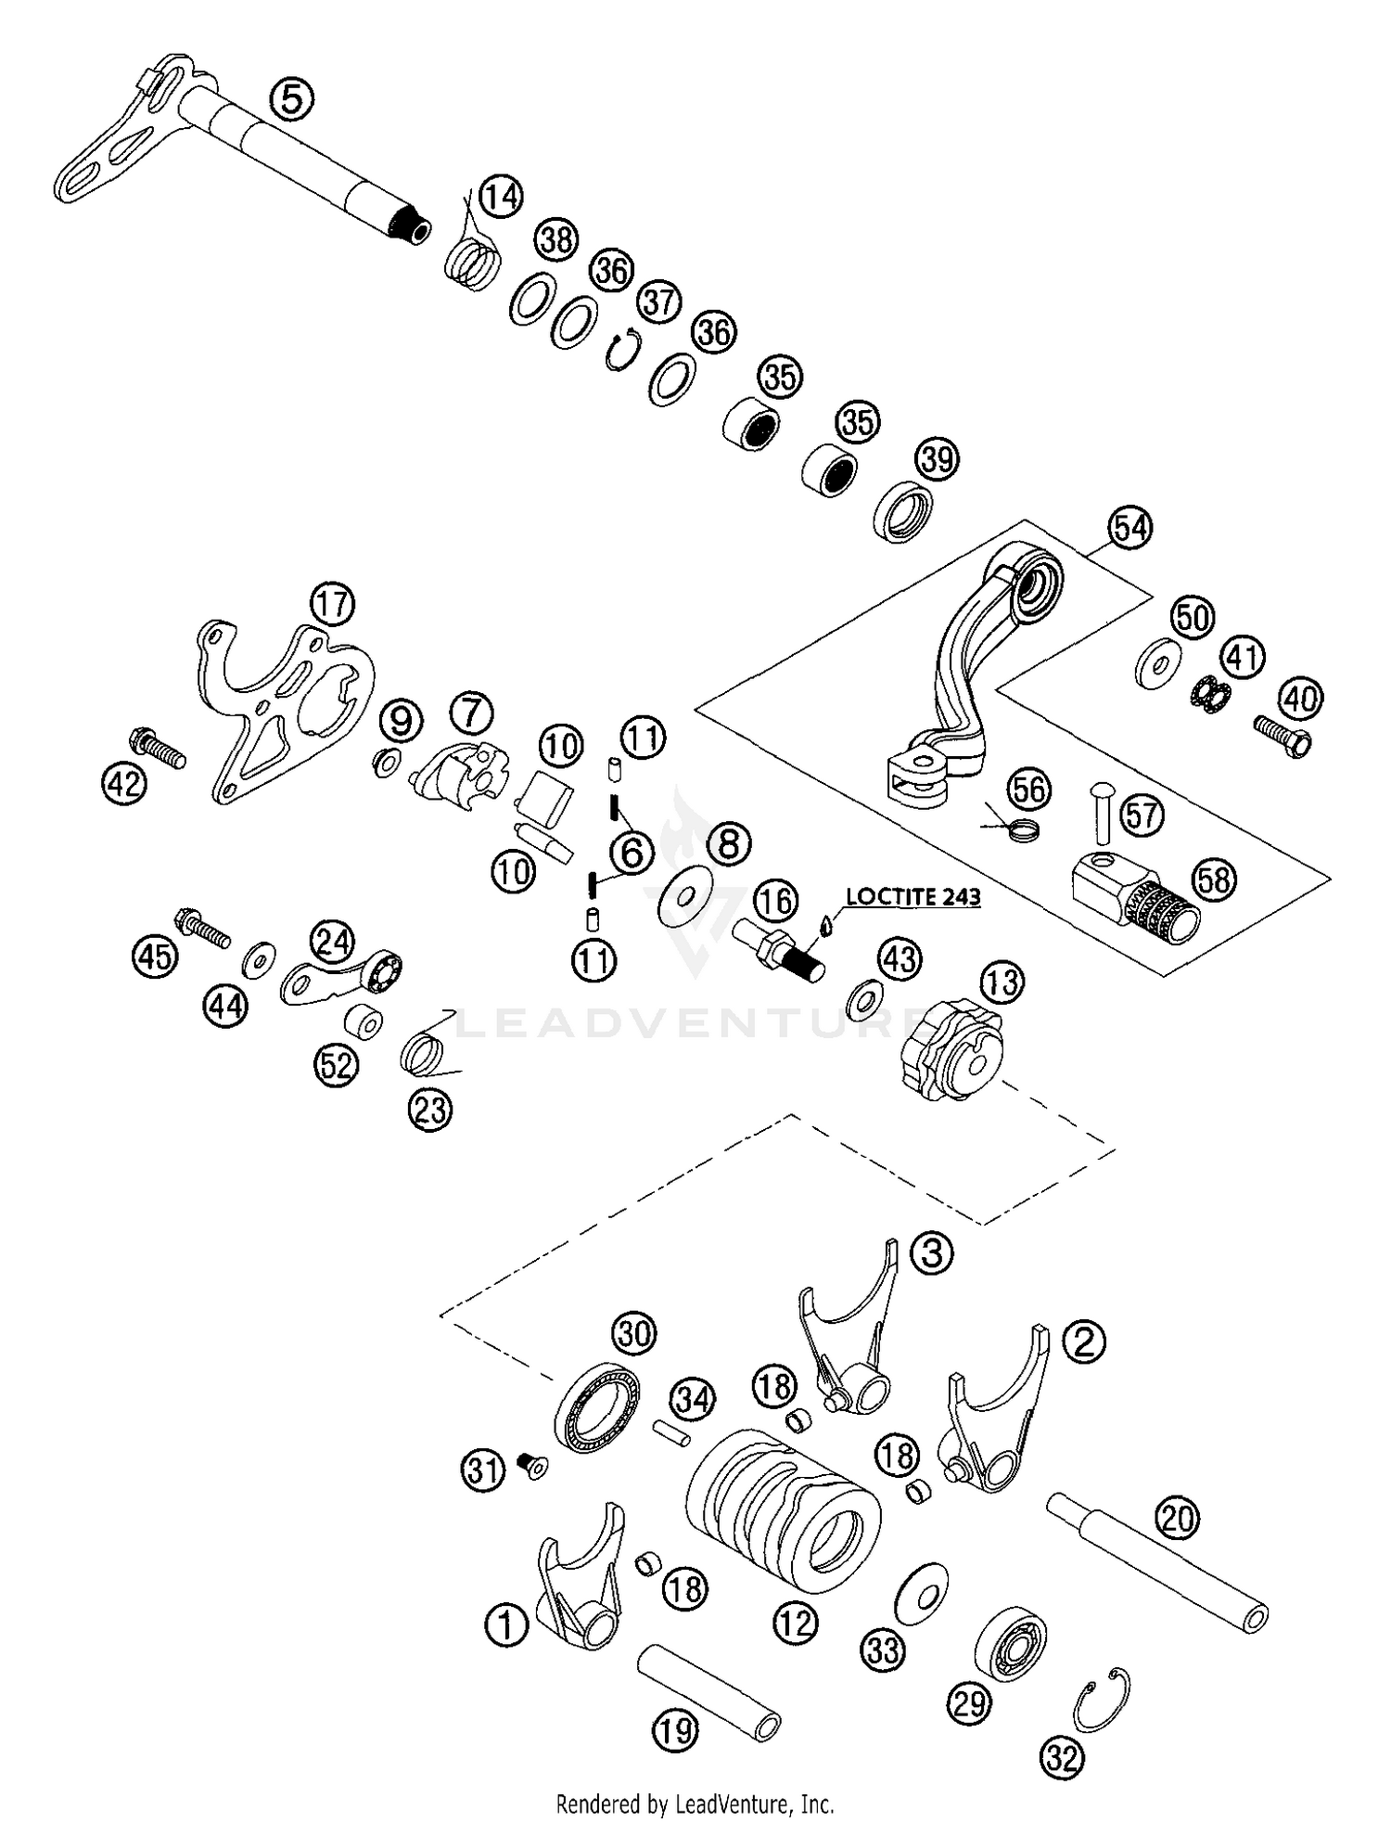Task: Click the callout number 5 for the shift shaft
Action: point(291,99)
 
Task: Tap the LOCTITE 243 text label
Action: point(912,897)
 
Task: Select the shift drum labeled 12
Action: point(784,1511)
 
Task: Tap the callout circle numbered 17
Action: point(333,604)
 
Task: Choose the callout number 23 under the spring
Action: point(430,1110)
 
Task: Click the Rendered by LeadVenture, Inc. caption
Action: point(695,1804)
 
